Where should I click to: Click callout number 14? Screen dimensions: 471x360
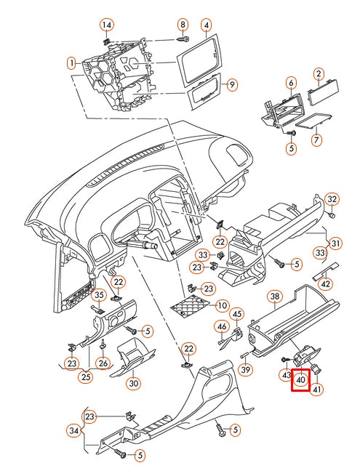point(107,25)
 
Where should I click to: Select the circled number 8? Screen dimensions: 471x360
point(183,24)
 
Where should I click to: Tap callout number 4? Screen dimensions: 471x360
point(207,25)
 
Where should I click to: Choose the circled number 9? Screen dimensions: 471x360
point(231,85)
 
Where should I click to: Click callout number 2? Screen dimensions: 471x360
point(318,73)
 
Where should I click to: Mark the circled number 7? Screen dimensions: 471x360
point(316,139)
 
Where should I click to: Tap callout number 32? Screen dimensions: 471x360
point(332,199)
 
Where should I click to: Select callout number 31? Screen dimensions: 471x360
point(335,242)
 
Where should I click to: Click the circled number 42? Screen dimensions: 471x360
point(326,284)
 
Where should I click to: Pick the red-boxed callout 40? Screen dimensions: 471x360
point(300,379)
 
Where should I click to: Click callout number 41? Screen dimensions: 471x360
point(317,390)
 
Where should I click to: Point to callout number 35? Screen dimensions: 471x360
point(97,294)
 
